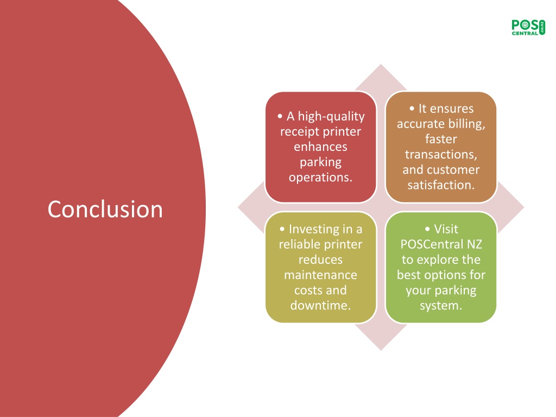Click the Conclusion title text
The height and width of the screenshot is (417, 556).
[x=105, y=209]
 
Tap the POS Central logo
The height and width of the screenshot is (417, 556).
[x=528, y=27]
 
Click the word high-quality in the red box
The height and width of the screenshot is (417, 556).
[x=331, y=116]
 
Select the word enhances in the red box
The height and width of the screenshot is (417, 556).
[x=320, y=147]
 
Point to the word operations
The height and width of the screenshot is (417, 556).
[x=320, y=178]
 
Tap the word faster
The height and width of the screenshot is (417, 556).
[x=441, y=139]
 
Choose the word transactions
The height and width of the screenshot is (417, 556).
[x=441, y=155]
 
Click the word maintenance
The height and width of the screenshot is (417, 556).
[x=320, y=275]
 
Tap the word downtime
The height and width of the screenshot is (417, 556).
[x=320, y=305]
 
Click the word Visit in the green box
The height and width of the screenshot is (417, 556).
[x=446, y=229]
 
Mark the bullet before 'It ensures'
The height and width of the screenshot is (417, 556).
[x=412, y=109]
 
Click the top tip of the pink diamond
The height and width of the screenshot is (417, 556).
[x=381, y=64]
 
